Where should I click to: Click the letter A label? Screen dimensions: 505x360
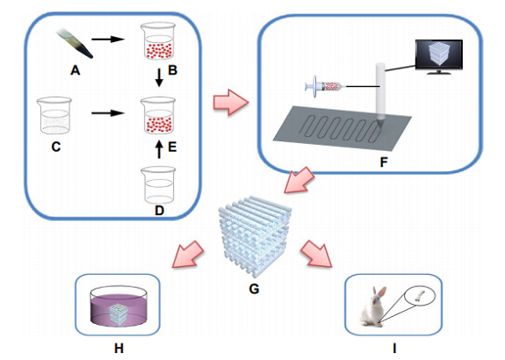(x=75, y=70)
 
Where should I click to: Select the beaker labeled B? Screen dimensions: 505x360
(x=158, y=41)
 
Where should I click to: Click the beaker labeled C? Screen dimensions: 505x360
(x=54, y=115)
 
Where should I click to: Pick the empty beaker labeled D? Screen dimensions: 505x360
(x=158, y=185)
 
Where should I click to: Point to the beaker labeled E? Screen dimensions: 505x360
(x=158, y=115)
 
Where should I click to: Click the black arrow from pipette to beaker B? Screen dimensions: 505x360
(x=108, y=40)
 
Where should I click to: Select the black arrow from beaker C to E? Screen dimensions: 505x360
(x=108, y=113)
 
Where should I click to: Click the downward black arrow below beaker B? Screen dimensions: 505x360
(x=159, y=77)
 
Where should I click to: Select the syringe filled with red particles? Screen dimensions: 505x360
(x=325, y=86)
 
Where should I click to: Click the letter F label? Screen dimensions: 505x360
(x=384, y=162)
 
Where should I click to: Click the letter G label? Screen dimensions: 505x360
(x=254, y=289)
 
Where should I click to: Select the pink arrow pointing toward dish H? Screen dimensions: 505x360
(x=188, y=255)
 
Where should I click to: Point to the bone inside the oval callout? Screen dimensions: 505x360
(x=420, y=295)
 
